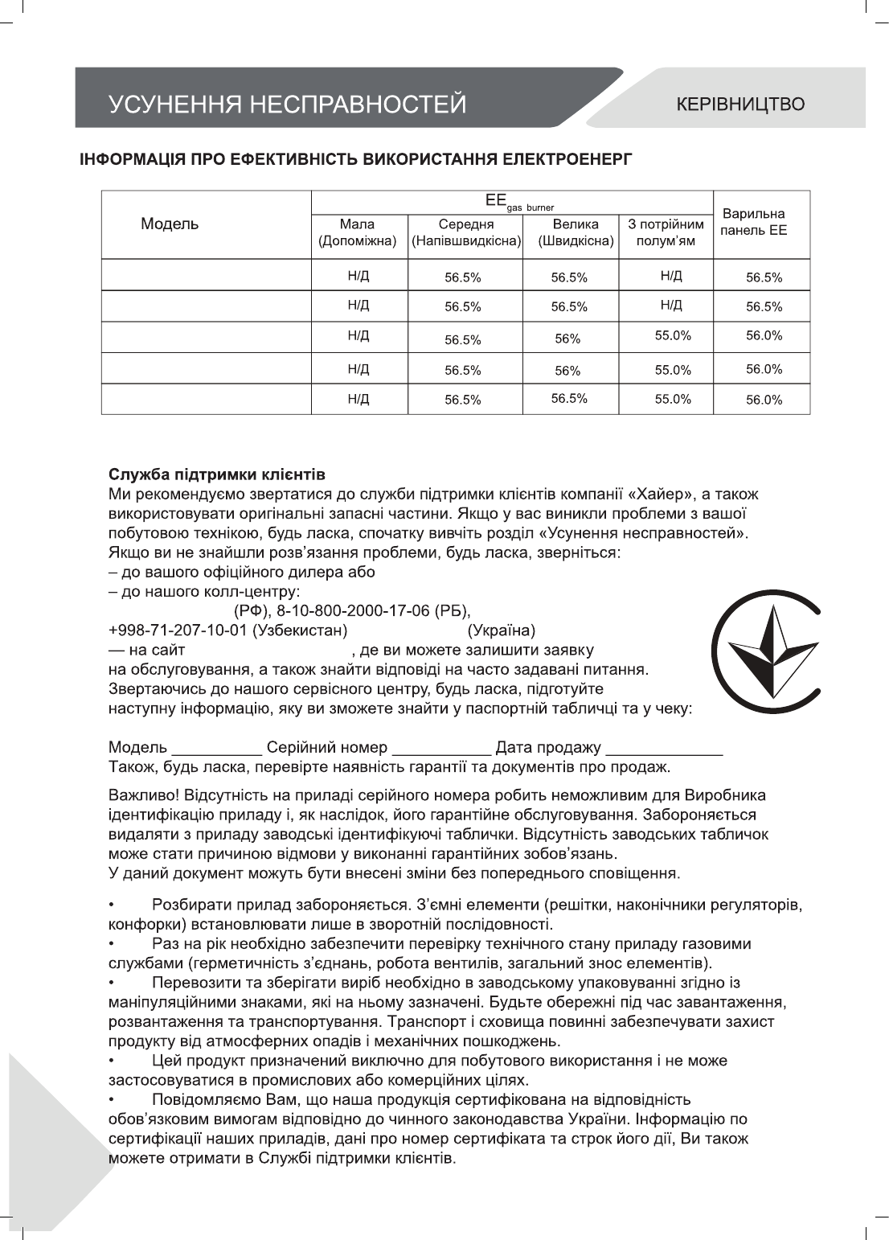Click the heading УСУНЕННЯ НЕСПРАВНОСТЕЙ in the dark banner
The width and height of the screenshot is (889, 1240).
tap(287, 105)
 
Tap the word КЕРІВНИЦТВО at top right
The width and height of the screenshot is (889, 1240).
tap(739, 105)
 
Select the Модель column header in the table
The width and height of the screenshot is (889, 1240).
tap(170, 224)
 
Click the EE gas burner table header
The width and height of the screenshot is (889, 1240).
tap(511, 201)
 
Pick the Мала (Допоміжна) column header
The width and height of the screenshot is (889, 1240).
tap(358, 232)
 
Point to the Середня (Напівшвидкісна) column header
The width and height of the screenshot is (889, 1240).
tap(465, 232)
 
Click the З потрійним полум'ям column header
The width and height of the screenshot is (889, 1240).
tap(666, 232)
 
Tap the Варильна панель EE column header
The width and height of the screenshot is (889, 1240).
tap(753, 223)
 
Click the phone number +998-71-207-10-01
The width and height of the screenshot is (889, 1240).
tap(177, 630)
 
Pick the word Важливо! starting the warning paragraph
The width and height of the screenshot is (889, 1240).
tap(144, 796)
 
